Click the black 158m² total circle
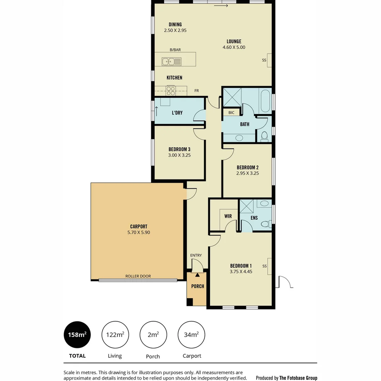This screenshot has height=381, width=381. pyautogui.click(x=77, y=335)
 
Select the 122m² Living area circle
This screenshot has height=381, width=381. pyautogui.click(x=115, y=335)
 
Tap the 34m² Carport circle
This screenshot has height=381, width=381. pyautogui.click(x=191, y=335)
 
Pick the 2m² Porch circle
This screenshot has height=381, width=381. pyautogui.click(x=153, y=335)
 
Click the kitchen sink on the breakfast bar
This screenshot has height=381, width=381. pyautogui.click(x=171, y=62)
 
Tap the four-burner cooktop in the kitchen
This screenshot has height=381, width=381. pyautogui.click(x=170, y=91)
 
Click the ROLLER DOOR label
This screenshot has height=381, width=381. pyautogui.click(x=138, y=276)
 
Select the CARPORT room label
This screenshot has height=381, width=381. pyautogui.click(x=138, y=226)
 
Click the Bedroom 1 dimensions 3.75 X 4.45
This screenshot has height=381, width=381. pyautogui.click(x=241, y=272)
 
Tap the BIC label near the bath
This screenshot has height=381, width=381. pyautogui.click(x=231, y=113)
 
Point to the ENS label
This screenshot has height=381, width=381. pyautogui.click(x=254, y=218)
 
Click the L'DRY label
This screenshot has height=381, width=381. pyautogui.click(x=177, y=113)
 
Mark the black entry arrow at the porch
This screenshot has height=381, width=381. pyautogui.click(x=197, y=274)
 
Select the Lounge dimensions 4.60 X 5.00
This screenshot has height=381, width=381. pyautogui.click(x=234, y=47)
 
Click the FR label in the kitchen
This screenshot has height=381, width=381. pyautogui.click(x=196, y=91)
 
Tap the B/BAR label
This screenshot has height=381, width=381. pyautogui.click(x=175, y=50)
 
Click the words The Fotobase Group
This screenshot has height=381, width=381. pyautogui.click(x=298, y=378)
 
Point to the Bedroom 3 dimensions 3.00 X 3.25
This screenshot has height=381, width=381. pyautogui.click(x=179, y=155)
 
